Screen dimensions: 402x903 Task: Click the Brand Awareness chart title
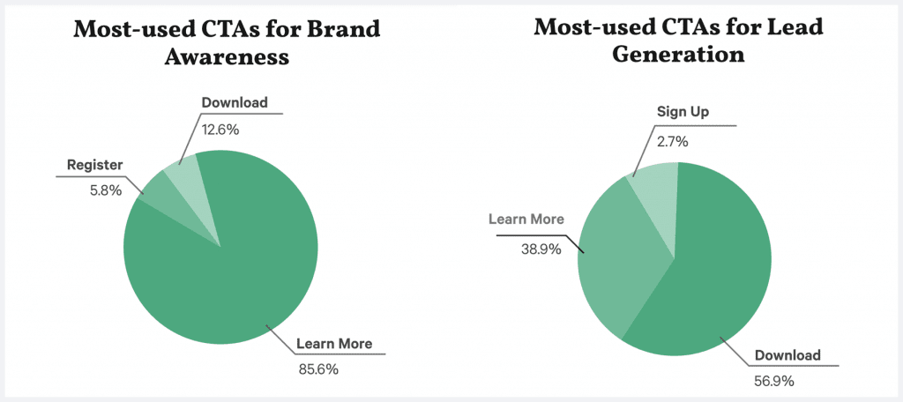coord(227,43)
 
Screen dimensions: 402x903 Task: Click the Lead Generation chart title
coord(678,41)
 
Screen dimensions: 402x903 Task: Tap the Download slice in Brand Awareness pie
coord(183,171)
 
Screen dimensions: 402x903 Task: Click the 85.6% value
coord(317,369)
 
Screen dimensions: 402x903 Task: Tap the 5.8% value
coord(90,190)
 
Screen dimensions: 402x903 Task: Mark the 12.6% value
coord(220,129)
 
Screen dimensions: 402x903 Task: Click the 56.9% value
coord(774,382)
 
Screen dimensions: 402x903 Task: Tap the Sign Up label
coord(683,112)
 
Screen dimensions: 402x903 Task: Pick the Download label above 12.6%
coord(235,102)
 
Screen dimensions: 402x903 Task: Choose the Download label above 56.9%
coord(787,356)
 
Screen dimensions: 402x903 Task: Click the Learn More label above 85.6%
coord(334,343)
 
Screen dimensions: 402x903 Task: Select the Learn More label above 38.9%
coord(526,219)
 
